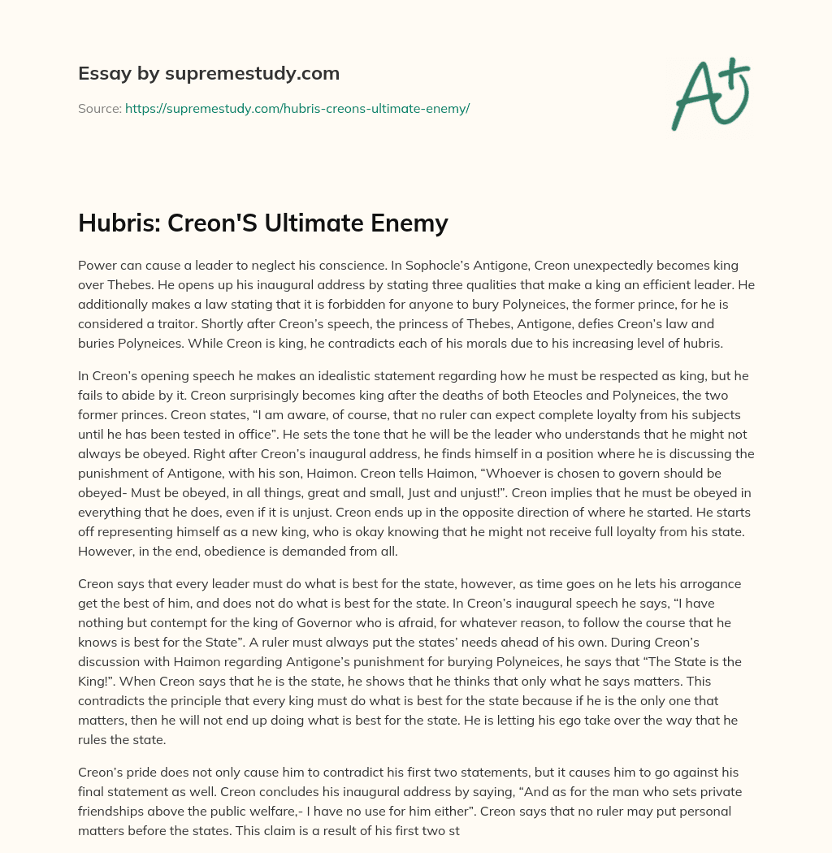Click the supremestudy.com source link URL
pyautogui.click(x=297, y=108)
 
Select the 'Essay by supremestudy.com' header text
pyautogui.click(x=209, y=74)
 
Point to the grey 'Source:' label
pyautogui.click(x=100, y=108)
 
